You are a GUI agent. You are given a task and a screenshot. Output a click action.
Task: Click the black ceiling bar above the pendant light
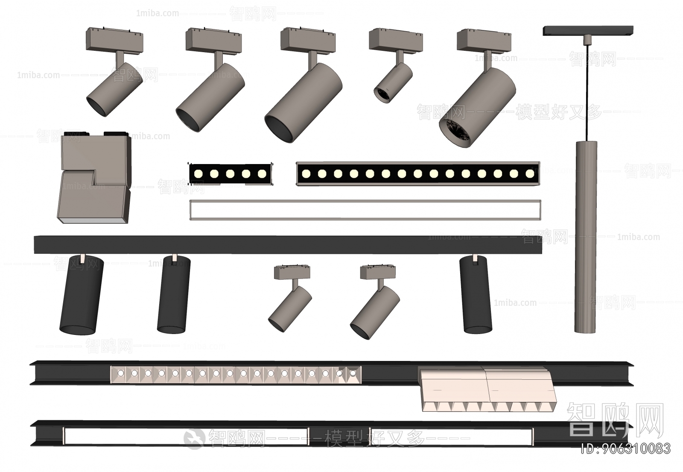[588, 31]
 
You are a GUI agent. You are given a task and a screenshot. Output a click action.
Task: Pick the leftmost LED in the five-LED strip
[198, 174]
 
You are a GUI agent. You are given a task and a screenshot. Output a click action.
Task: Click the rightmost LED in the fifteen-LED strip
[530, 173]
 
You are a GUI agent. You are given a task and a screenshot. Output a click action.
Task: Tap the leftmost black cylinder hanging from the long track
[81, 295]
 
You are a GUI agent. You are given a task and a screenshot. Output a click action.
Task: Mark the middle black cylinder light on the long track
[173, 295]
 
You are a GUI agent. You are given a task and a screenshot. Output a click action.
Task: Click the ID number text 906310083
[627, 449]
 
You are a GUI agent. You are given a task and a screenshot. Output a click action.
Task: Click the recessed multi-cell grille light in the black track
[236, 374]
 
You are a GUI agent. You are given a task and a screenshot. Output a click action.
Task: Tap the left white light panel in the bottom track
[186, 436]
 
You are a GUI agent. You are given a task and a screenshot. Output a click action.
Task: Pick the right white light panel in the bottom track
[452, 436]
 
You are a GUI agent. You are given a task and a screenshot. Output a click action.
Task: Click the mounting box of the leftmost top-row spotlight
[114, 39]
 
